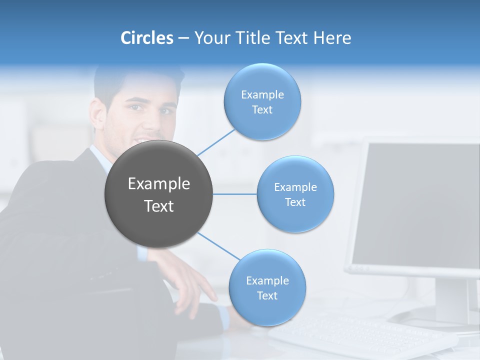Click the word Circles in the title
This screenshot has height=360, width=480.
coord(147,38)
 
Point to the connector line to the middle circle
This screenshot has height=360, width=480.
coord(235,194)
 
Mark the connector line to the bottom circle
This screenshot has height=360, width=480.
coord(219,246)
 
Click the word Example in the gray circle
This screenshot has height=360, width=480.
coord(159,184)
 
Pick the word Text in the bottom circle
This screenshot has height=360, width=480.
coord(267,295)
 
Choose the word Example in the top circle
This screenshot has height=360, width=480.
coord(262,94)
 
